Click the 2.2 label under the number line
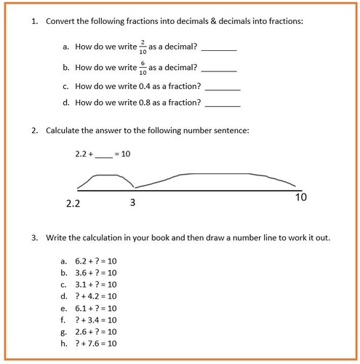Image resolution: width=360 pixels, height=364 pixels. pos(73,205)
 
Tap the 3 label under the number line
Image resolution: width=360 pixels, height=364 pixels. pos(132,202)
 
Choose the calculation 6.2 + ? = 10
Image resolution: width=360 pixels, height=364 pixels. pos(95,261)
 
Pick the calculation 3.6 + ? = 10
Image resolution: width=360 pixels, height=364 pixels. pos(95,272)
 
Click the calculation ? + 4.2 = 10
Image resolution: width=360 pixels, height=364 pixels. pos(95,296)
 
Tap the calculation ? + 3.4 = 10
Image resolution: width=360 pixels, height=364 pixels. pos(95,320)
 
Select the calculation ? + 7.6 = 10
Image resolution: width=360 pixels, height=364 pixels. pos(95,344)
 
